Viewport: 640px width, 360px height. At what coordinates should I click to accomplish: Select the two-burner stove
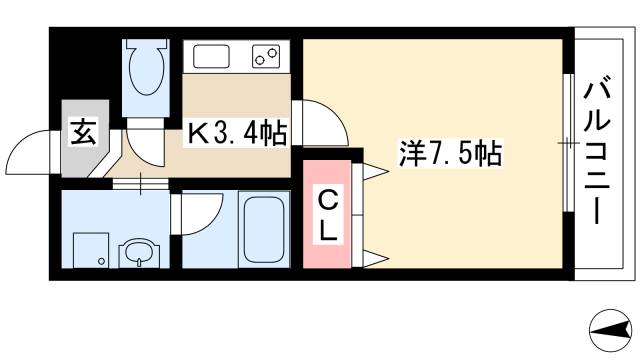click(264, 56)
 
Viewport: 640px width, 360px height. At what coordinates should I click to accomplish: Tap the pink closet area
click(327, 215)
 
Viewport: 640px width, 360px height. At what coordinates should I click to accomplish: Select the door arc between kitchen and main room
click(318, 120)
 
